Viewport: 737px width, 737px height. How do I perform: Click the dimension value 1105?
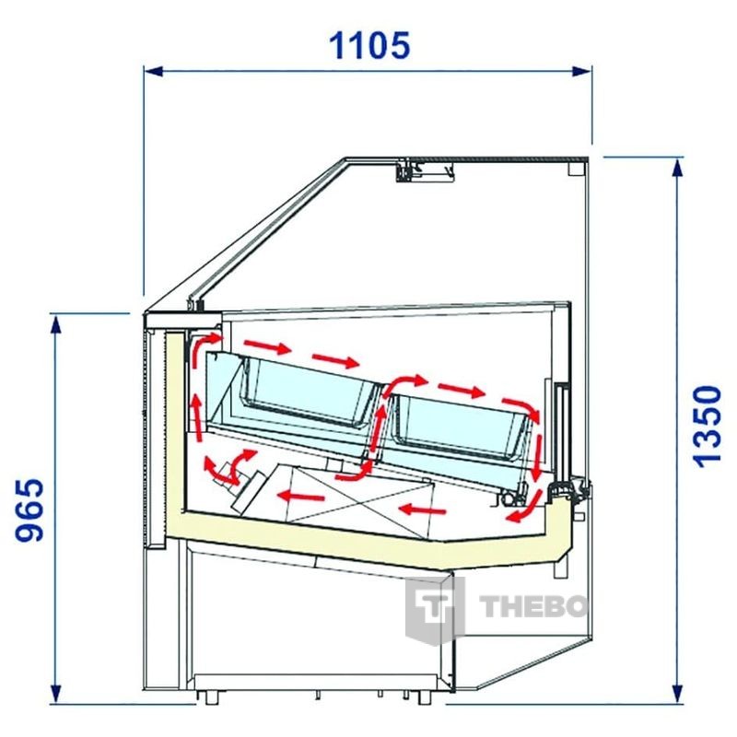tap(369, 45)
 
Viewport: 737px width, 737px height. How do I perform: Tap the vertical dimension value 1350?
tap(708, 427)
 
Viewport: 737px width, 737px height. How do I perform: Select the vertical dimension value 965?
tap(29, 509)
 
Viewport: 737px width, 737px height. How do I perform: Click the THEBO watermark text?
tap(533, 606)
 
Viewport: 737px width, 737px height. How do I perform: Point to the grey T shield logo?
tap(435, 609)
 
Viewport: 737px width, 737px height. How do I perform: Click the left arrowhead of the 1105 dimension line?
tap(153, 72)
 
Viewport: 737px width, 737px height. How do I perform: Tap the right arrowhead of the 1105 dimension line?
tap(581, 72)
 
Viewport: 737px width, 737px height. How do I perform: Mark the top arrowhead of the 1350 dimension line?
tap(677, 168)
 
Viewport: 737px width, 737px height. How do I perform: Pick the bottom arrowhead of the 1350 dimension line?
tap(677, 693)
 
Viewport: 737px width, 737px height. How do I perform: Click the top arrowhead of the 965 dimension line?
tap(56, 324)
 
